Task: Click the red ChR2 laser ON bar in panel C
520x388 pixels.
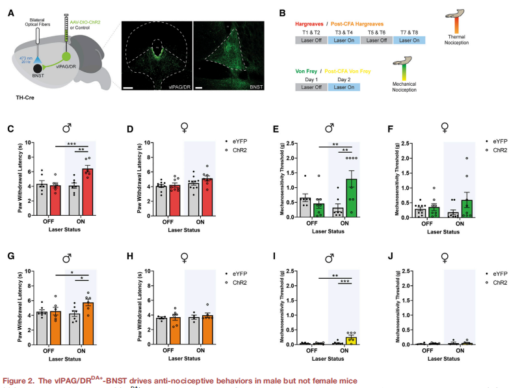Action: point(86,183)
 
